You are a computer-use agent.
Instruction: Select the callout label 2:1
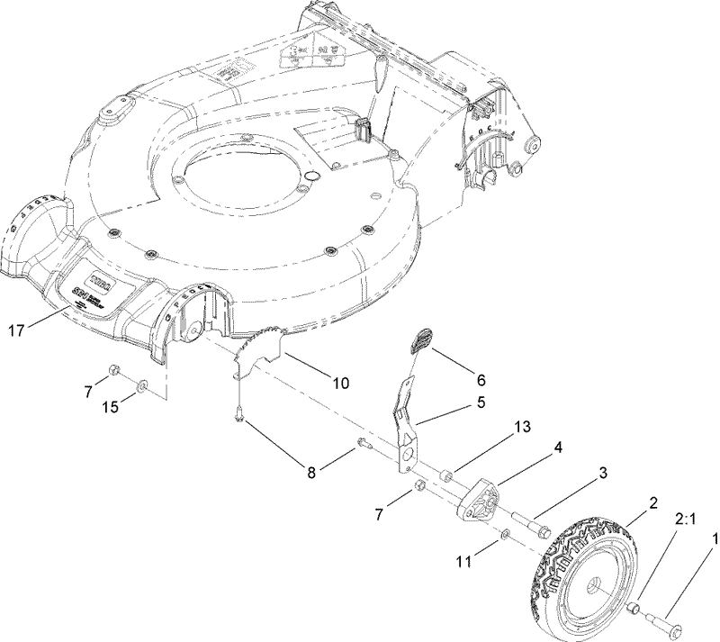click(685, 519)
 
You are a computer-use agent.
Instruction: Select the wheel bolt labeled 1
click(667, 622)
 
